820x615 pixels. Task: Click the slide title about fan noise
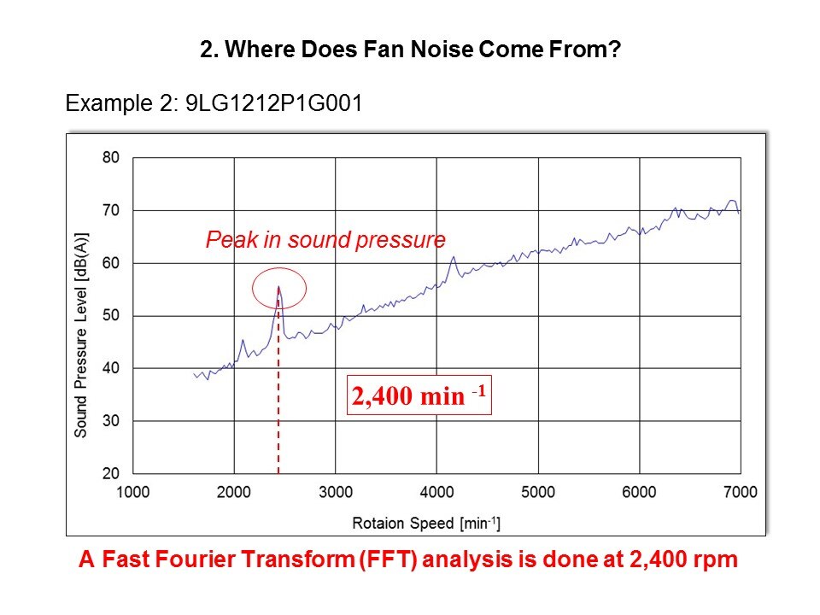(x=409, y=50)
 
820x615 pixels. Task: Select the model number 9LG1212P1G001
(x=273, y=104)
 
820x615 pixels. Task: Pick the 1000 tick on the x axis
(x=133, y=492)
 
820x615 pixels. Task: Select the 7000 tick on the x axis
(x=740, y=492)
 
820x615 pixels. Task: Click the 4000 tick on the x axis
(x=436, y=492)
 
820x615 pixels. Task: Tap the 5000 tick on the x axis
(x=538, y=492)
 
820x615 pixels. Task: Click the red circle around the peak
(x=279, y=287)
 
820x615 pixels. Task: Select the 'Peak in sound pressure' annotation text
(x=325, y=240)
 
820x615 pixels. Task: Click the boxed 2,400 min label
(x=419, y=396)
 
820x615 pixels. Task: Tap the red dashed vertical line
(x=278, y=401)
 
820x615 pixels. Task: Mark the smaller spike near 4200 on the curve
(x=454, y=257)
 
